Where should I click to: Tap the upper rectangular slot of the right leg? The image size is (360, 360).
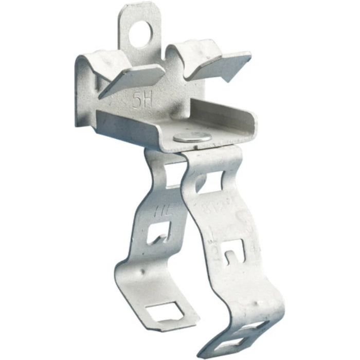[208, 181]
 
